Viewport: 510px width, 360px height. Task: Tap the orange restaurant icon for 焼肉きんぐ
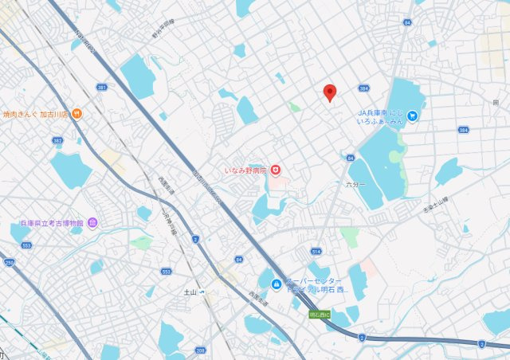[76, 113]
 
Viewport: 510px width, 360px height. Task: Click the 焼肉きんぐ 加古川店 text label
[36, 113]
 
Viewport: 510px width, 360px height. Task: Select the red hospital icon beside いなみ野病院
[275, 168]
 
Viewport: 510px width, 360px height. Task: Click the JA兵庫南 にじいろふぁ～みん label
[386, 118]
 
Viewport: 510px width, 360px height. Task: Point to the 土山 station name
[190, 292]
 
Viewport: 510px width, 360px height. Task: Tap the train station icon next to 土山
[202, 292]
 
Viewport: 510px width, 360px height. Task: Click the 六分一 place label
[355, 185]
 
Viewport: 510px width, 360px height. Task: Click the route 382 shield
[57, 140]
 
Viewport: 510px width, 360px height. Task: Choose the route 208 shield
[200, 350]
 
